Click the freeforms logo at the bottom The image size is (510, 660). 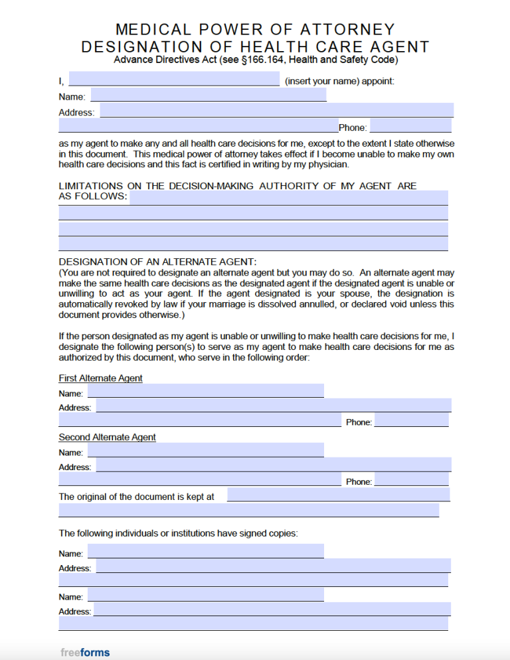(85, 652)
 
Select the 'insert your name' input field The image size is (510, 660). (174, 80)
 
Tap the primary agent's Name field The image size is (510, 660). (208, 96)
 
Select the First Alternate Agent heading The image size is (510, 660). (100, 378)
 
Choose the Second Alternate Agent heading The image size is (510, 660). (107, 438)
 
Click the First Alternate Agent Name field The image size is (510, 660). (205, 391)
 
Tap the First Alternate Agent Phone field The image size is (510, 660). (412, 420)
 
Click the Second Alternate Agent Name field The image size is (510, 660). (205, 450)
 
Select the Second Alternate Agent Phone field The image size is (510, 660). (412, 479)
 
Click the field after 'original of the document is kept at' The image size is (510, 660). (338, 495)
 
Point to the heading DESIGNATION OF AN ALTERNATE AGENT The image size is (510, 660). (157, 262)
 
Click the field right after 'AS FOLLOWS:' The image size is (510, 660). (288, 197)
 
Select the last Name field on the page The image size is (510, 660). (205, 595)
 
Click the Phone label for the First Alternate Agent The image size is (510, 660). (359, 422)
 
